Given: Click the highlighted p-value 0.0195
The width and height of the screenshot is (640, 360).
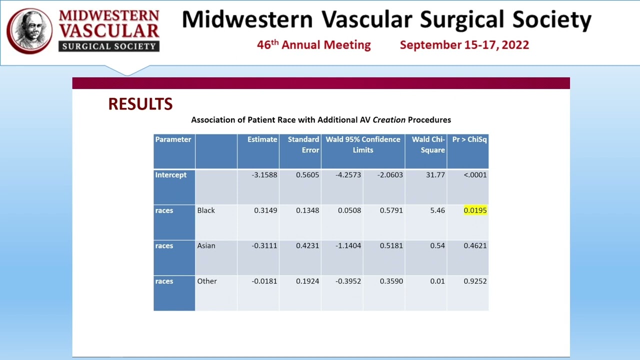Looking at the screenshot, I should click(475, 210).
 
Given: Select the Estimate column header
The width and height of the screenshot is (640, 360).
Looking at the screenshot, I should click(262, 139).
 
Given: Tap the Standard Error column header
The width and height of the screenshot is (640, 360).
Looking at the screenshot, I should click(303, 144).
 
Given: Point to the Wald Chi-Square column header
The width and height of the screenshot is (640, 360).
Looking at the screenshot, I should click(428, 144).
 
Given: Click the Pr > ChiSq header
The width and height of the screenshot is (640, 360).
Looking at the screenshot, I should click(469, 139).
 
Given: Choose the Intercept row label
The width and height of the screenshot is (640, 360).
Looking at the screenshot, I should click(170, 175).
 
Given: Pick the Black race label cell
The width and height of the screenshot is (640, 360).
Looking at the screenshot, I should click(206, 210).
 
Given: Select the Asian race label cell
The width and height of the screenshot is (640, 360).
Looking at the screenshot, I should click(206, 246).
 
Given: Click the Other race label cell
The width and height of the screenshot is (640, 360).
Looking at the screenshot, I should click(207, 281).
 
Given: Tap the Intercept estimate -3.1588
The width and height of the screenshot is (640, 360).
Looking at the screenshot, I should click(264, 175).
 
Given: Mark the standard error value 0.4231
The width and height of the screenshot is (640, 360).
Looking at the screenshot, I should click(307, 246).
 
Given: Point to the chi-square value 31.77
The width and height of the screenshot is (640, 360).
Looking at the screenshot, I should click(435, 175).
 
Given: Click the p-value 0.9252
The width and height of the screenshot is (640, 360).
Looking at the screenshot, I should click(475, 281).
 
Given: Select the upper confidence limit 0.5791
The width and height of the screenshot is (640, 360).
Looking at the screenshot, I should click(391, 210).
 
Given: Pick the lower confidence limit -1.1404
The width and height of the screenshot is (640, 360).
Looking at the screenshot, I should click(348, 246).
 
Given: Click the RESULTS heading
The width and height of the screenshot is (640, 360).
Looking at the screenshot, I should click(140, 104).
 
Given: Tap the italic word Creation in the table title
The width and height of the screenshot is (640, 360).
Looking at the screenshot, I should click(388, 120).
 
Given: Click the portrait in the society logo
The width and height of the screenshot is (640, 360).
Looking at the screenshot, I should click(29, 30).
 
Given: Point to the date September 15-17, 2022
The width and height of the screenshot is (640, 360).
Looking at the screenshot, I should click(464, 45).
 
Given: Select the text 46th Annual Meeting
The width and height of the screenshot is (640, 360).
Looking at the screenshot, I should click(313, 45).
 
